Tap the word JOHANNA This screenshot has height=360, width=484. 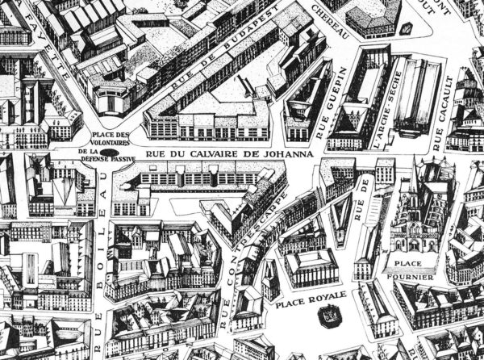click(283, 154)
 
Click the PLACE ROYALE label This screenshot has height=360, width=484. click(311, 296)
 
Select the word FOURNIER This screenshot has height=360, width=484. click(414, 277)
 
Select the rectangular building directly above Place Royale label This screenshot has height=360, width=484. click(311, 266)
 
